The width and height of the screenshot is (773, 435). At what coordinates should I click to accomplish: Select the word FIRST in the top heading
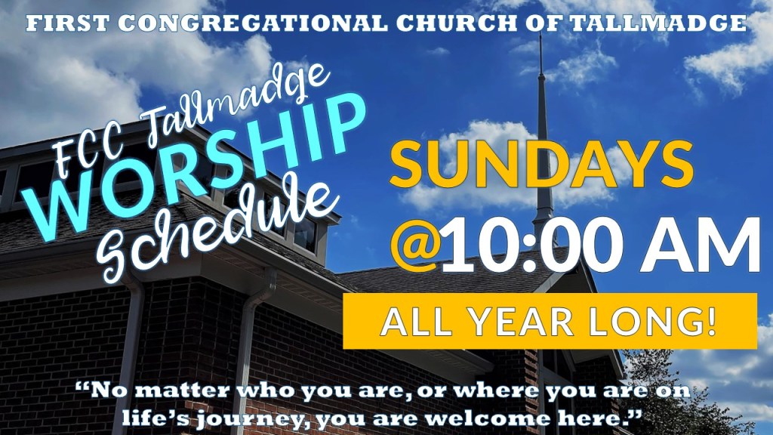(69, 23)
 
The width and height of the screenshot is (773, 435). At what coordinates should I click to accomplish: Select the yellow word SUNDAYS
(541, 163)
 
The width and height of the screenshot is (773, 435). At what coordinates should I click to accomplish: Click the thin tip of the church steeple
(540, 35)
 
